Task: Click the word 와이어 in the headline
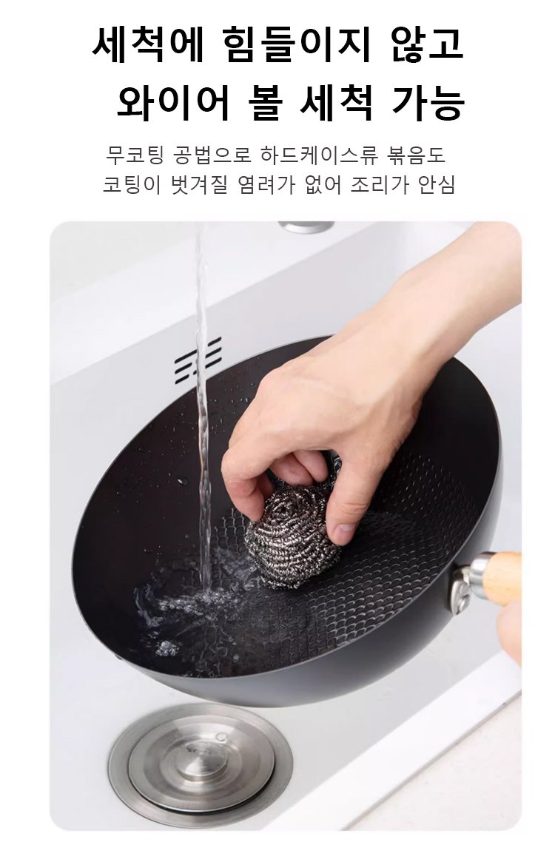point(173,102)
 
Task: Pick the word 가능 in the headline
point(428,102)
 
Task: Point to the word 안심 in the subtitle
point(437,184)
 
